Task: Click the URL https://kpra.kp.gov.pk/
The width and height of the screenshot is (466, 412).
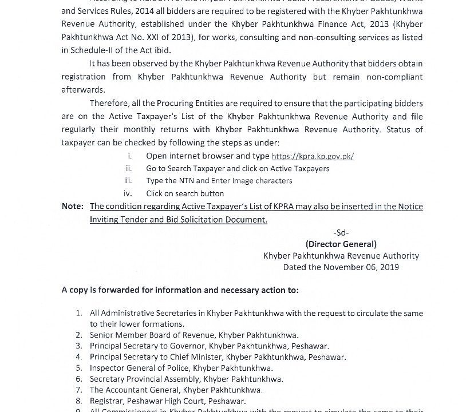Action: pyautogui.click(x=312, y=156)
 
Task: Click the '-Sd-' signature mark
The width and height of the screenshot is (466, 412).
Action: pyautogui.click(x=341, y=232)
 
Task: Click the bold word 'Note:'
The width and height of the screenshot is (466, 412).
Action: pyautogui.click(x=73, y=207)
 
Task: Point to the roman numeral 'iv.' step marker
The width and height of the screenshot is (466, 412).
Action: pyautogui.click(x=128, y=193)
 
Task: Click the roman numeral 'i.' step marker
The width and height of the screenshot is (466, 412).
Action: pyautogui.click(x=130, y=156)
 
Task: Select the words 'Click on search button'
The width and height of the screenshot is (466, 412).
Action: pyautogui.click(x=185, y=193)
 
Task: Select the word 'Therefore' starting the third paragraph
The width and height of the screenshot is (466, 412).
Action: pyautogui.click(x=109, y=103)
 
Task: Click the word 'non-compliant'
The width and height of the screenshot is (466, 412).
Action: pyautogui.click(x=396, y=77)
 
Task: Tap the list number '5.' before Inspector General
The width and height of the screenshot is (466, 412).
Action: pyautogui.click(x=79, y=368)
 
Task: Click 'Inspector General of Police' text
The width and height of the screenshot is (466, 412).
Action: pyautogui.click(x=139, y=368)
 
